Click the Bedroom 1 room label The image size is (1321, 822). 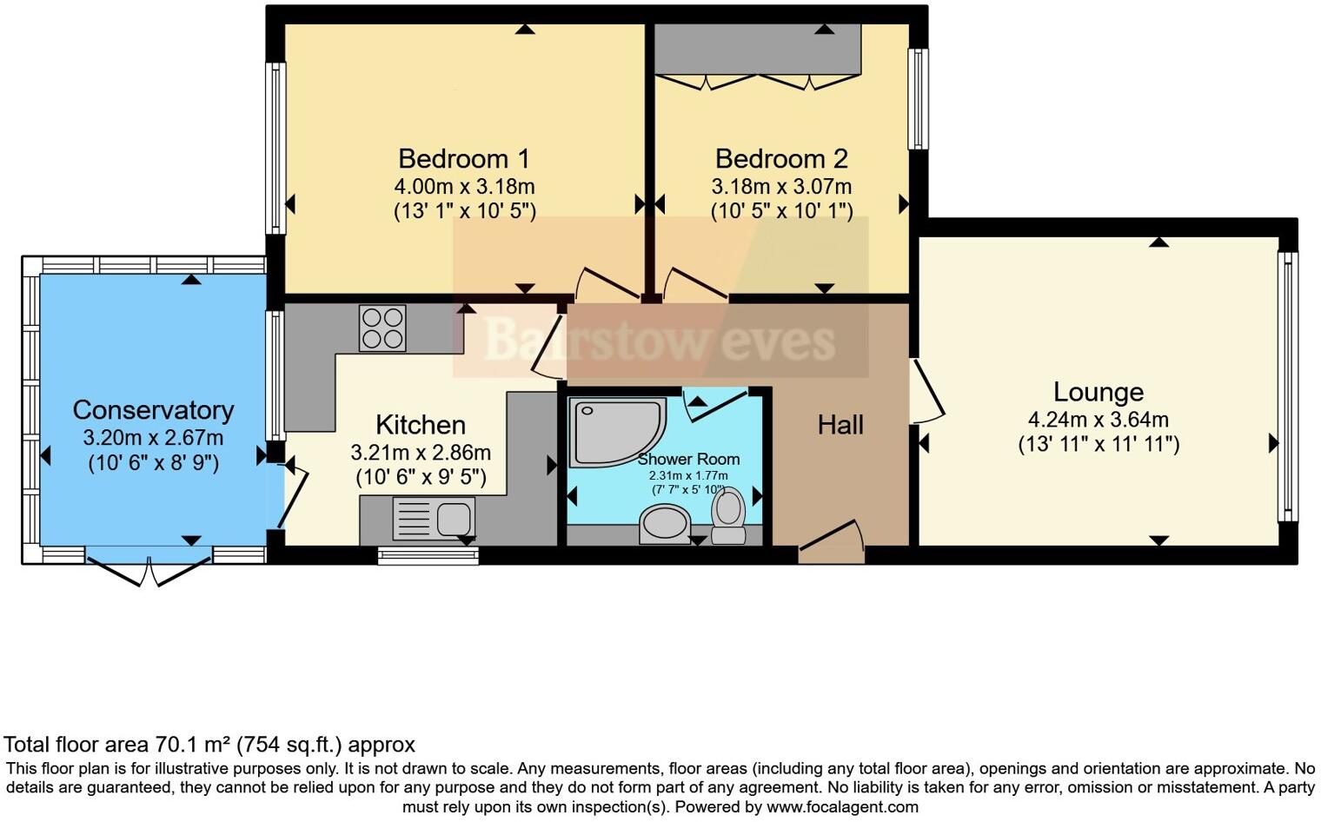pyautogui.click(x=463, y=159)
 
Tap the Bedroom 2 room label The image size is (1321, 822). pyautogui.click(x=780, y=159)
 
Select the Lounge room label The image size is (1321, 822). pyautogui.click(x=1098, y=392)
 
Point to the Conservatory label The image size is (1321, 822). pyautogui.click(x=153, y=410)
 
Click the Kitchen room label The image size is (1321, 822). pyautogui.click(x=421, y=425)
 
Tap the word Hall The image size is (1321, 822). pyautogui.click(x=840, y=425)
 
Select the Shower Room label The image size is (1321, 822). pyautogui.click(x=688, y=459)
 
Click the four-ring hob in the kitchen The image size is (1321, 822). pyautogui.click(x=382, y=328)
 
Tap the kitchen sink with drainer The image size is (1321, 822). pyautogui.click(x=434, y=518)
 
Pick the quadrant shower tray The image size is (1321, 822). pyautogui.click(x=614, y=431)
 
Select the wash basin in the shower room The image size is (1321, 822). pyautogui.click(x=665, y=525)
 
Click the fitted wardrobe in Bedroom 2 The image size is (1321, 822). pyautogui.click(x=757, y=50)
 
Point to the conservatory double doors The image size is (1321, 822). pyautogui.click(x=149, y=569)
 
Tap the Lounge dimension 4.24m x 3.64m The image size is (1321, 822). pyautogui.click(x=1098, y=420)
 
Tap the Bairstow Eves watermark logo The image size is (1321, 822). pyautogui.click(x=660, y=340)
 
